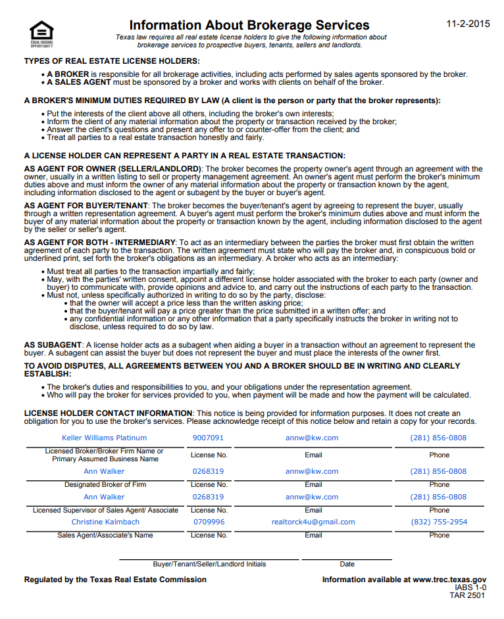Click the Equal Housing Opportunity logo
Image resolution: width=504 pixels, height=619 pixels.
pyautogui.click(x=41, y=34)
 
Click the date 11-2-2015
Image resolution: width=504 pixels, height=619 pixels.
pyautogui.click(x=468, y=24)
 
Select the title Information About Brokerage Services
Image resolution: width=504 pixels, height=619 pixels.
pyautogui.click(x=249, y=26)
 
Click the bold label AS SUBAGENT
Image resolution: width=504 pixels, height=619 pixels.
pyautogui.click(x=53, y=345)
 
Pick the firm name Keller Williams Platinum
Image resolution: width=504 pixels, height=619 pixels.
pyautogui.click(x=105, y=438)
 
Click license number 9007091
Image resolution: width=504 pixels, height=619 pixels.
pyautogui.click(x=208, y=438)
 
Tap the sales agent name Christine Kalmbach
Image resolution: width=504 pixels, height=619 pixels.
pyautogui.click(x=105, y=522)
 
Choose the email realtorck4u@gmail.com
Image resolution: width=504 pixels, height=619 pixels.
pyautogui.click(x=313, y=522)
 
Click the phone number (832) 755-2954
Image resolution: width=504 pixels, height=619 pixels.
pyautogui.click(x=438, y=522)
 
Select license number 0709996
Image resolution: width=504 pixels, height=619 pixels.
pyautogui.click(x=208, y=522)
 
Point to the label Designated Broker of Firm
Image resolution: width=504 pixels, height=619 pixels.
pyautogui.click(x=105, y=485)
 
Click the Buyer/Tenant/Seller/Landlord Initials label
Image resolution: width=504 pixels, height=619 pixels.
pyautogui.click(x=209, y=564)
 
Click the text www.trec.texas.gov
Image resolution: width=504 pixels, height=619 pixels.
pyautogui.click(x=449, y=580)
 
